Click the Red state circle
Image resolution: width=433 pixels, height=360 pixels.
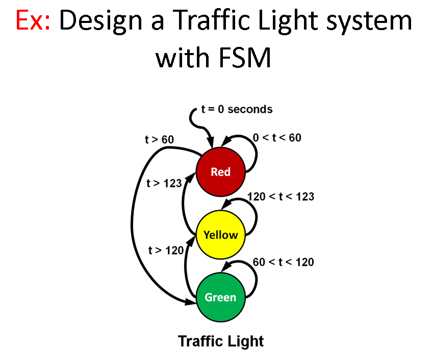[221, 172]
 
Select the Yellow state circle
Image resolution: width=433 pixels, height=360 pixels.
[221, 235]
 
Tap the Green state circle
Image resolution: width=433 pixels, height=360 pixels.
[221, 297]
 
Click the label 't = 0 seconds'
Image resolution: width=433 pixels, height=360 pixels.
[237, 109]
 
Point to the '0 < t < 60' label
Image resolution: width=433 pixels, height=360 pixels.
[277, 138]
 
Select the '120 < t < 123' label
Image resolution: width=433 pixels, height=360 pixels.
[281, 196]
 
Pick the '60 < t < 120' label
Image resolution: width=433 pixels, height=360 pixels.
[283, 262]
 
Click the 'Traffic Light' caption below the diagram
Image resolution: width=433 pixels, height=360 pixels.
[221, 341]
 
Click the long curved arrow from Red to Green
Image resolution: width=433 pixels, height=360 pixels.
[137, 219]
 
